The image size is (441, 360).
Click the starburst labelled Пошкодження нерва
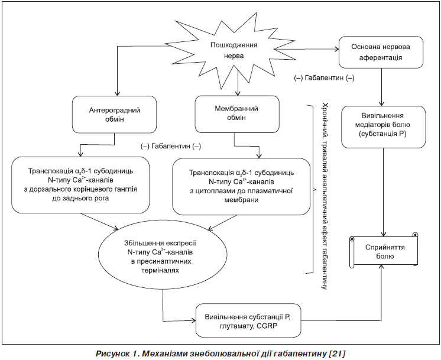tap(234, 51)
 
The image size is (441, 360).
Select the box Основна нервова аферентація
tap(381, 52)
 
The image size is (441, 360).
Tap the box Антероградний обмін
tap(115, 115)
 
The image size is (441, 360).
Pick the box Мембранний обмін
tap(237, 114)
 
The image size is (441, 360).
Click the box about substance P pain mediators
tap(383, 127)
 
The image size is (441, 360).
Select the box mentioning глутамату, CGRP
tap(248, 320)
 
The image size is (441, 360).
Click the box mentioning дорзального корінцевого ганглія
tap(80, 185)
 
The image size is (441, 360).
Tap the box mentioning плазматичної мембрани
tap(241, 186)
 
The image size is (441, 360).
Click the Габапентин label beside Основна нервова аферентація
tap(325, 78)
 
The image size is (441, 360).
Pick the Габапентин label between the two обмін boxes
tap(171, 146)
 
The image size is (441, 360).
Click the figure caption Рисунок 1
tap(220, 353)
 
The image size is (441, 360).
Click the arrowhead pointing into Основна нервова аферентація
tap(336, 49)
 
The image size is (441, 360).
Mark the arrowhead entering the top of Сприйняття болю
tap(384, 233)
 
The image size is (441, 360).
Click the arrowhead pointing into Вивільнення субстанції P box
tap(193, 320)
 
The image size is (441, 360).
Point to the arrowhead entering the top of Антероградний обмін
tap(118, 93)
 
